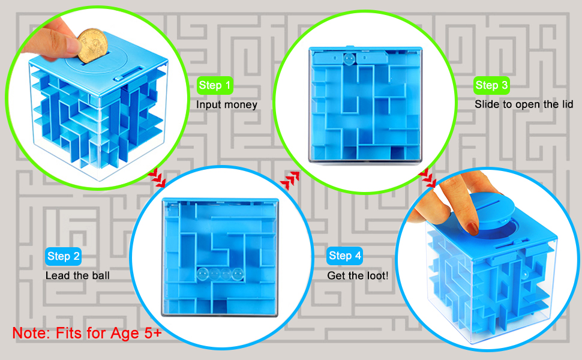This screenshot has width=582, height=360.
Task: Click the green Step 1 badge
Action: pyautogui.click(x=215, y=85)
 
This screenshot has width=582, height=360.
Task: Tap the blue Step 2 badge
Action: pyautogui.click(x=63, y=257)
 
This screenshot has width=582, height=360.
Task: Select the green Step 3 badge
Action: pyautogui.click(x=491, y=85)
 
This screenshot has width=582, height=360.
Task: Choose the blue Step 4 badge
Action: pyautogui.click(x=345, y=256)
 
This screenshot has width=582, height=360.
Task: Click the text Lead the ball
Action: pyautogui.click(x=77, y=276)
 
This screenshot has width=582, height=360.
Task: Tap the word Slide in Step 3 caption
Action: pyautogui.click(x=487, y=105)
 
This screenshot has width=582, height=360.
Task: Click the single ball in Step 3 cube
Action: pyautogui.click(x=347, y=59)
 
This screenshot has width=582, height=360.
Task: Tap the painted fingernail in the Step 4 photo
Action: pyautogui.click(x=474, y=227)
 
